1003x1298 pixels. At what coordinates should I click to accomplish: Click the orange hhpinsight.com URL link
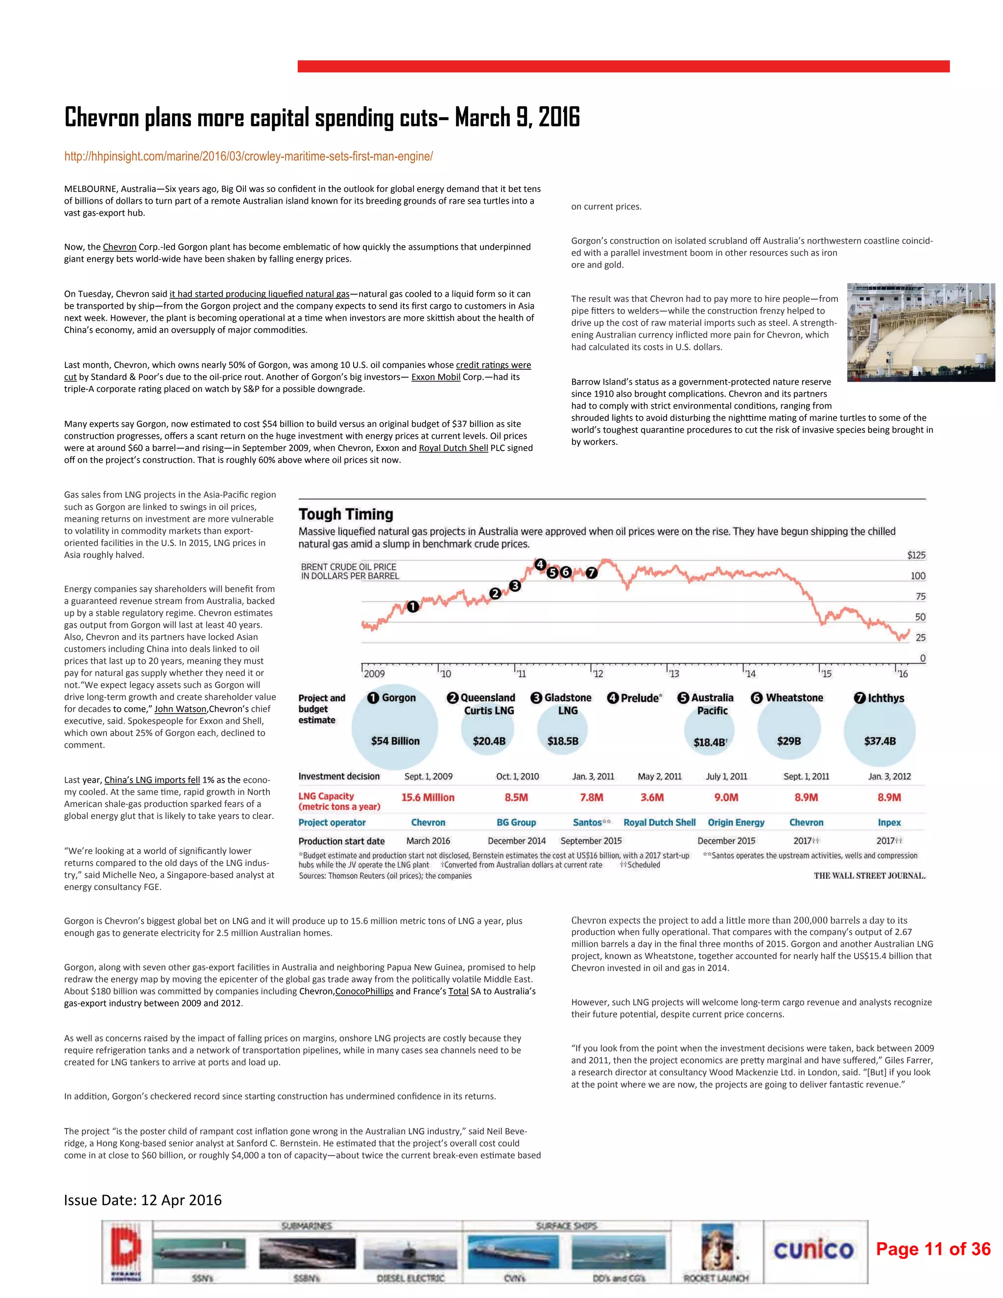[x=248, y=156]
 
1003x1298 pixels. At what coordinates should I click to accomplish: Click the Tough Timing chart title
[x=346, y=514]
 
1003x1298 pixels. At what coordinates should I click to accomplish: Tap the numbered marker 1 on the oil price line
[x=412, y=606]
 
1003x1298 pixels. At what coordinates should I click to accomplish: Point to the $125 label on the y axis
[x=916, y=555]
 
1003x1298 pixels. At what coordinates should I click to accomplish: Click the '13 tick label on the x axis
[x=673, y=673]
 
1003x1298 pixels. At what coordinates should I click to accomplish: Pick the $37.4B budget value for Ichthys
[x=880, y=741]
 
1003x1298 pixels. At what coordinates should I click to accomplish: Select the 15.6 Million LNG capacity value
[x=428, y=797]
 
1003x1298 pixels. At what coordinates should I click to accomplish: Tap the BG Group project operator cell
[x=516, y=822]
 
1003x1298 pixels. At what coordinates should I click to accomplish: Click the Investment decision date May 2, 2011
[x=660, y=776]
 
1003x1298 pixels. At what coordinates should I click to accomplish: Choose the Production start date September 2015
[x=591, y=841]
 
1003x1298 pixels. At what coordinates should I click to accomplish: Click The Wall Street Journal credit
[x=869, y=875]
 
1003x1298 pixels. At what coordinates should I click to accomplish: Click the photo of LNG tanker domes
[x=920, y=332]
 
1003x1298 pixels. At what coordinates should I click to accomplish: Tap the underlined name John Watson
[x=180, y=709]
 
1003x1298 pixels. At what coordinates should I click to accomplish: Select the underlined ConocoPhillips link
[x=364, y=991]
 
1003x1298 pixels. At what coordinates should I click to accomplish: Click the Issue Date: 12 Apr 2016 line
[x=143, y=1200]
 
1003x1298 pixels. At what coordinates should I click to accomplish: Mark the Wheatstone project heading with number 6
[x=788, y=697]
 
